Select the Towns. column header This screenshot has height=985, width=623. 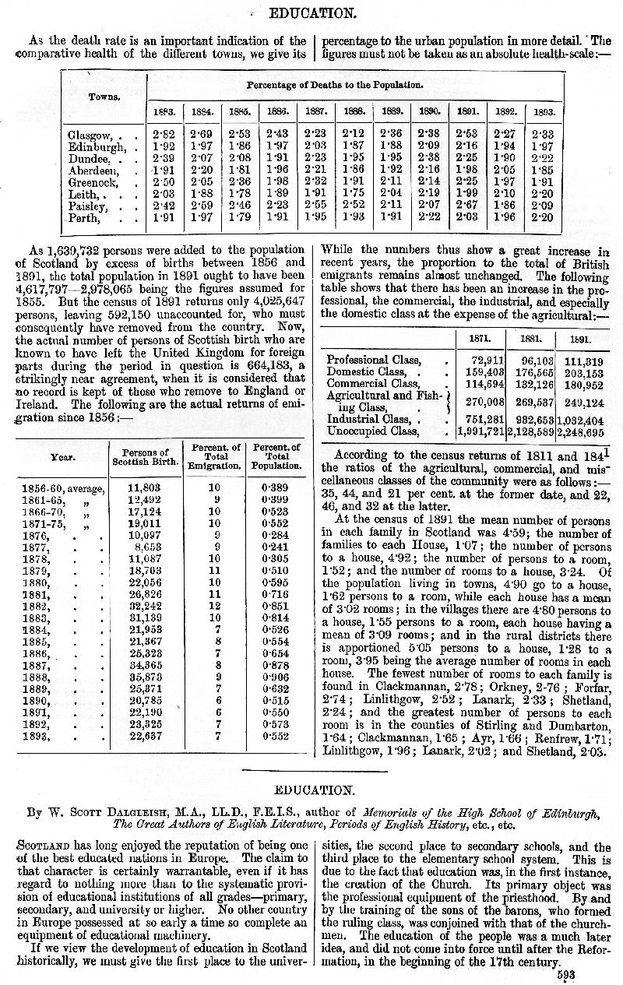104,97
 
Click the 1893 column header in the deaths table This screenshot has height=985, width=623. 543,111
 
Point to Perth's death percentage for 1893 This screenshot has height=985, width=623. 542,217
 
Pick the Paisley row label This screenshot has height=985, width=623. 88,206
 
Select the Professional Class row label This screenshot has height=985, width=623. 374,361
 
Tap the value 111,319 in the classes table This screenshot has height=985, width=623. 584,361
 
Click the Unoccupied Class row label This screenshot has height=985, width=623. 373,431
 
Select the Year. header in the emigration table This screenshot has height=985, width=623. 62,457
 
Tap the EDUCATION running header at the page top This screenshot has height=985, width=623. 311,13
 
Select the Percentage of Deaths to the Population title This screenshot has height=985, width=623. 335,84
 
